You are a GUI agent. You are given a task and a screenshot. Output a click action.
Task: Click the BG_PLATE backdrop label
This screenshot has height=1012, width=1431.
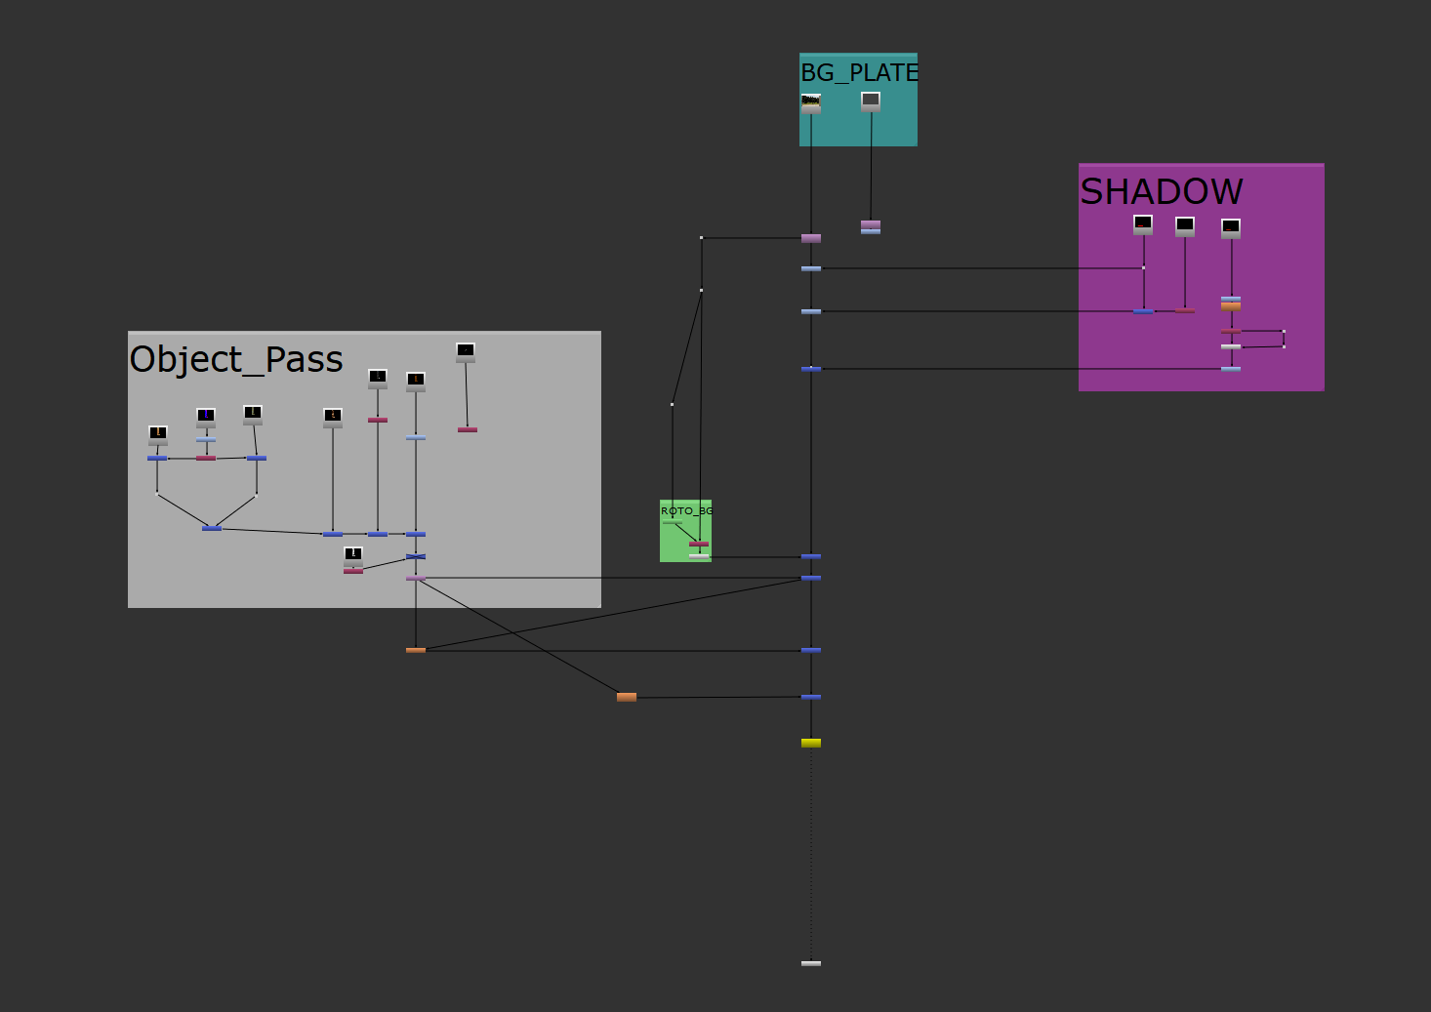tap(859, 72)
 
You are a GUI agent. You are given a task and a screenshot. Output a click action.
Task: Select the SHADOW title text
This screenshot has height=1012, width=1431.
tap(1161, 191)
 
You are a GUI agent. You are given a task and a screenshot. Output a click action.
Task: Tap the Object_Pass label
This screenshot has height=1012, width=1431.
tap(236, 359)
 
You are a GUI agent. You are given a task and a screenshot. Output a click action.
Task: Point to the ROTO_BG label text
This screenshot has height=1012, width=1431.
tap(686, 510)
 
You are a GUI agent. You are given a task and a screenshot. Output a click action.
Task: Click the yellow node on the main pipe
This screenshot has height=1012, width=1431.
tap(811, 743)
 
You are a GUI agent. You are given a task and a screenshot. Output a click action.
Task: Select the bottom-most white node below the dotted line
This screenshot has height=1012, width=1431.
tap(811, 963)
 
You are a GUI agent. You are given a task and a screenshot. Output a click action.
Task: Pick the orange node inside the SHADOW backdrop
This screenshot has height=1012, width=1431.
tap(1231, 306)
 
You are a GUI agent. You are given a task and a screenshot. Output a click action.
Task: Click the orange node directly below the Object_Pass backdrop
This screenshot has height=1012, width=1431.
tap(416, 650)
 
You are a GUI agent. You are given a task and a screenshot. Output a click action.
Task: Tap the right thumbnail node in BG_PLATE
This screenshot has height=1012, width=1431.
tap(871, 101)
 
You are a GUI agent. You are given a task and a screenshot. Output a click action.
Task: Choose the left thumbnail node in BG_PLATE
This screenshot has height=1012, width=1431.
tap(811, 102)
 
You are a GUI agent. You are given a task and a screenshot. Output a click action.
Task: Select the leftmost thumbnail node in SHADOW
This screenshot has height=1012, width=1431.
tap(1143, 224)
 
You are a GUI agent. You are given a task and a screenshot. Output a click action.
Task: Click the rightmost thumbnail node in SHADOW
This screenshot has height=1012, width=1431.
tap(1231, 228)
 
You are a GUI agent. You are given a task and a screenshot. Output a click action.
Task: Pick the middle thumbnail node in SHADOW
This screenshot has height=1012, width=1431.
tap(1185, 226)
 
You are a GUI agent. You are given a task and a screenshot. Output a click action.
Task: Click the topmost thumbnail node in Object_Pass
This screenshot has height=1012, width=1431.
tap(466, 351)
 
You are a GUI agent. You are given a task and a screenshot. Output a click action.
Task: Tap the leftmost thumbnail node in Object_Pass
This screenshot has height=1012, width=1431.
tap(158, 434)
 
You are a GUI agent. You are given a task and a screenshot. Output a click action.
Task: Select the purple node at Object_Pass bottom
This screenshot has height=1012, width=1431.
tap(416, 578)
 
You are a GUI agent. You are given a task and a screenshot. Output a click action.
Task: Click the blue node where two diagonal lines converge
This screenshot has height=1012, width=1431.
tap(212, 528)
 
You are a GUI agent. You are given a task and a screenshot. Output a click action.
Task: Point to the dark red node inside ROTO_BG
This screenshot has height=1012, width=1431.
tap(699, 544)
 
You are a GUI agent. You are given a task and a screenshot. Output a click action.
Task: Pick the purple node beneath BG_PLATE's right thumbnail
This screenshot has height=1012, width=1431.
tap(871, 224)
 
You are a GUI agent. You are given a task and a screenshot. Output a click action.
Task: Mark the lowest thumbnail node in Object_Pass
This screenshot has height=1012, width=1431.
tap(353, 555)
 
